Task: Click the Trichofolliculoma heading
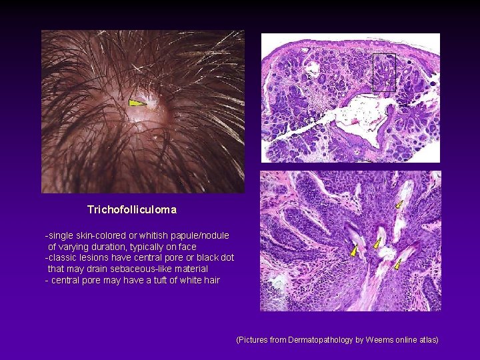click(x=132, y=209)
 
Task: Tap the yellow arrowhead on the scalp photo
click(x=137, y=103)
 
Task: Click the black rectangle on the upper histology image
click(x=384, y=72)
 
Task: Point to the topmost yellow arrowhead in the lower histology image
click(x=399, y=204)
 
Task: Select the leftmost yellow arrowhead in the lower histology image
click(x=354, y=251)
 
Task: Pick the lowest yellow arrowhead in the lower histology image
click(x=397, y=265)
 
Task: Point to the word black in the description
click(x=202, y=257)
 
